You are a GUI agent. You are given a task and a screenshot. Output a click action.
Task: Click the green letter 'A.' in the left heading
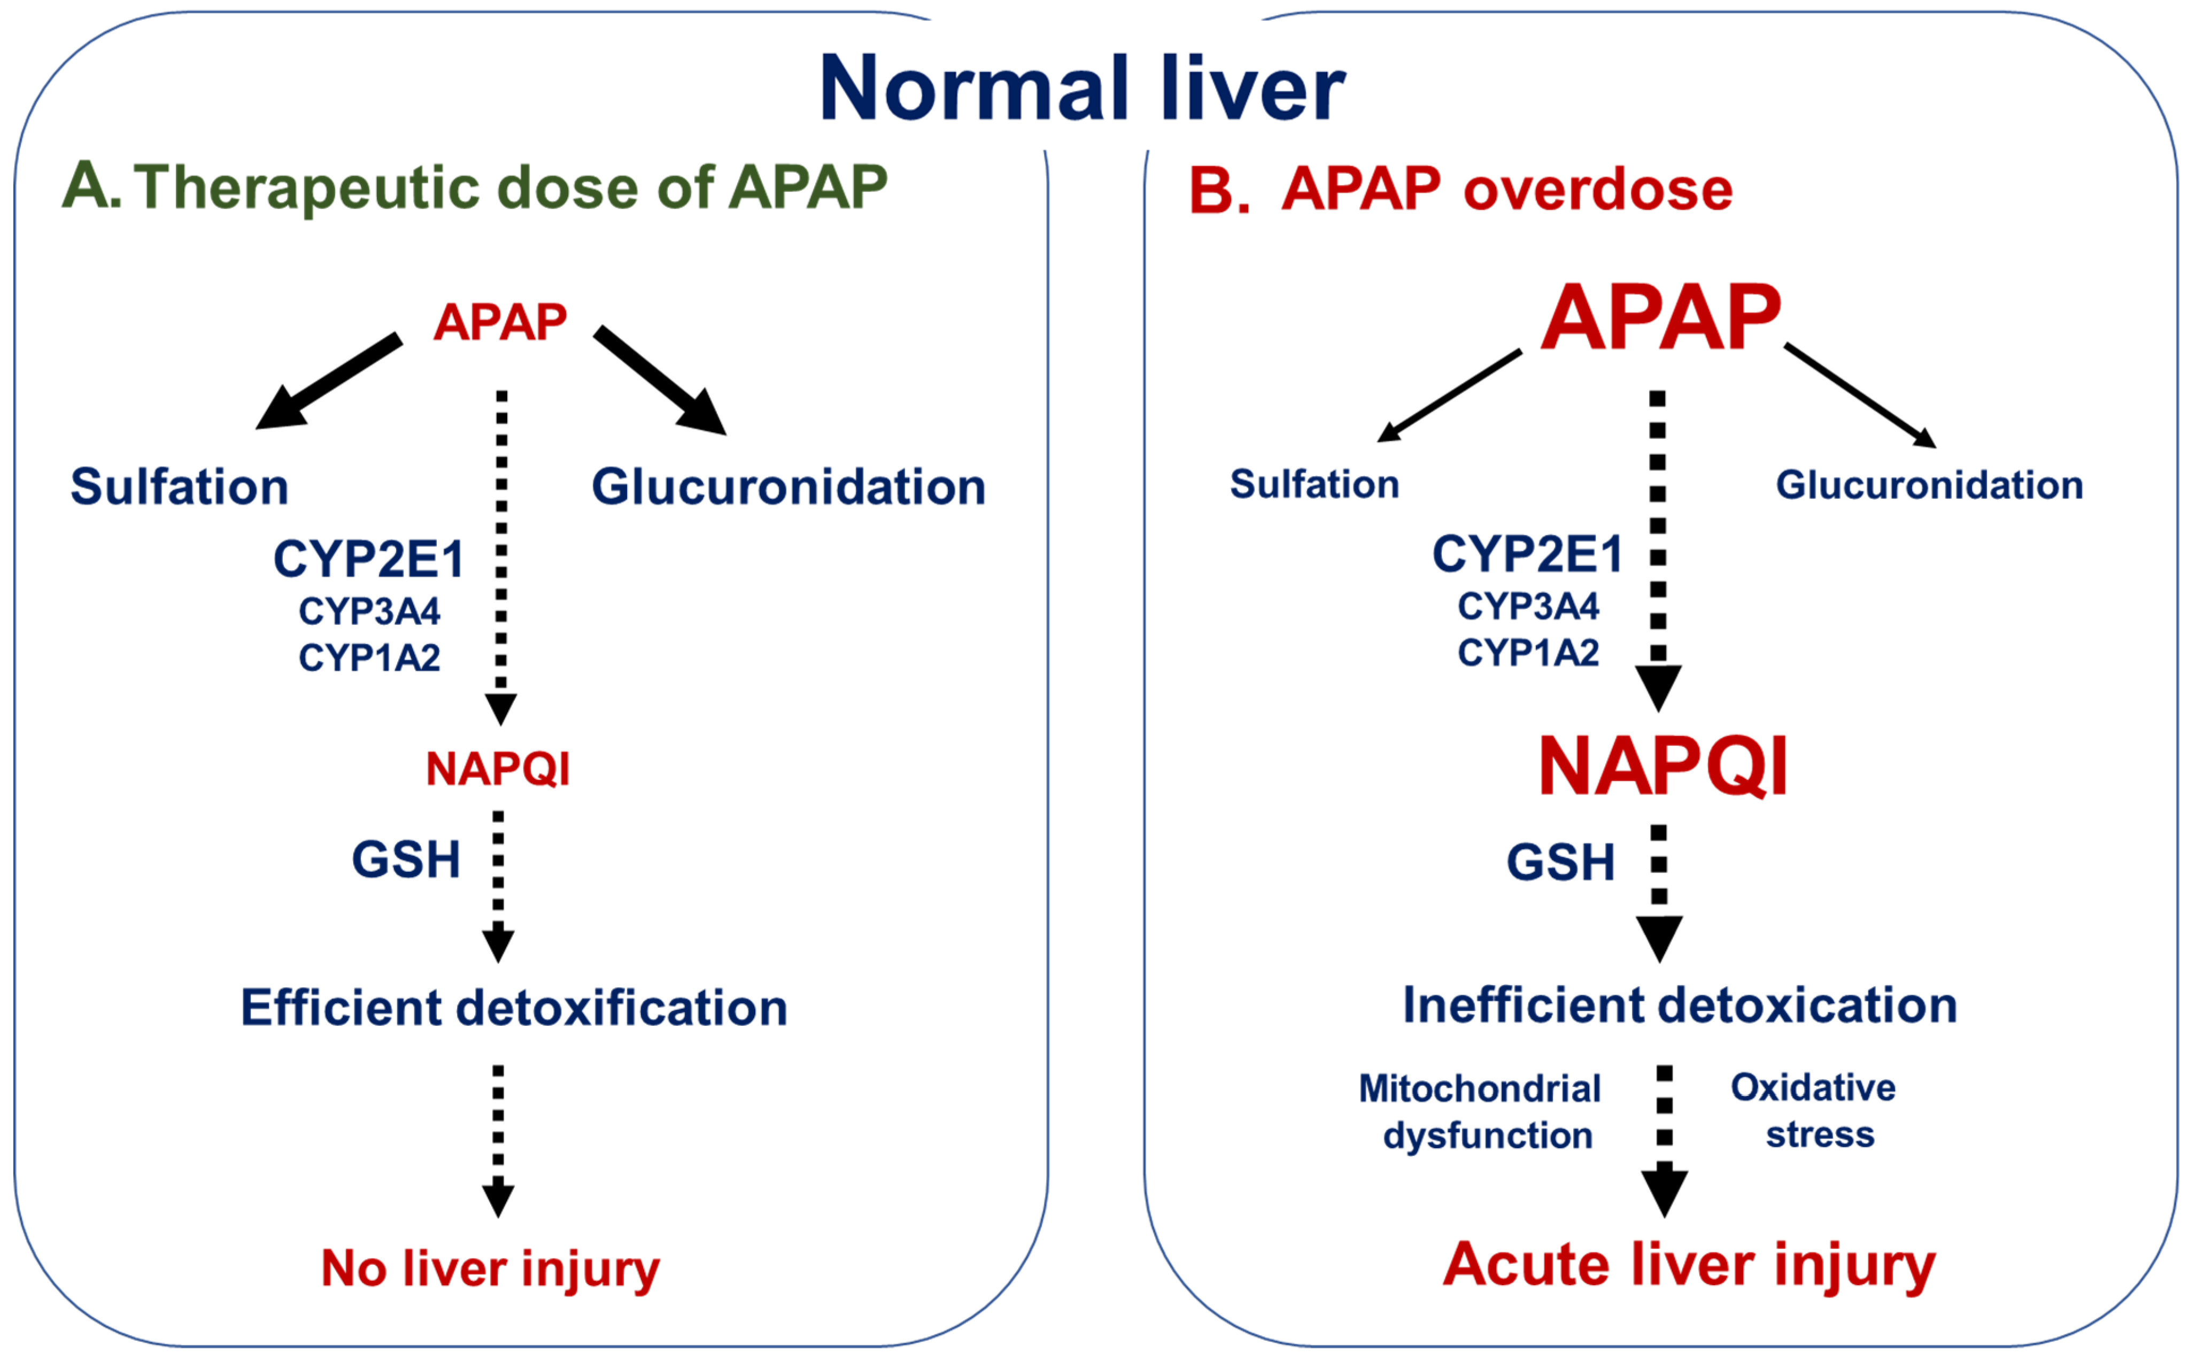(x=90, y=187)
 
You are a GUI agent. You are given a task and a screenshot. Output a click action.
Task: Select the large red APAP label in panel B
(x=1661, y=317)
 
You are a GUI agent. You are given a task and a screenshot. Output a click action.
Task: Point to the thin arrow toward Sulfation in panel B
(x=1449, y=396)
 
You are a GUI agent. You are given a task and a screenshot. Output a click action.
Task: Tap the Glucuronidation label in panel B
(x=1929, y=485)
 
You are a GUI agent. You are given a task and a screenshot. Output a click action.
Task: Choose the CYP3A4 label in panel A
(x=369, y=611)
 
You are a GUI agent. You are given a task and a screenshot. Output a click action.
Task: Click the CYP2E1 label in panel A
(x=368, y=559)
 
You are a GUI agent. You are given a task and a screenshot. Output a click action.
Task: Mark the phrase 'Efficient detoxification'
(x=513, y=1007)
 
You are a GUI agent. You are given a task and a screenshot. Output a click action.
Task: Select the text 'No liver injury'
(x=491, y=1269)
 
